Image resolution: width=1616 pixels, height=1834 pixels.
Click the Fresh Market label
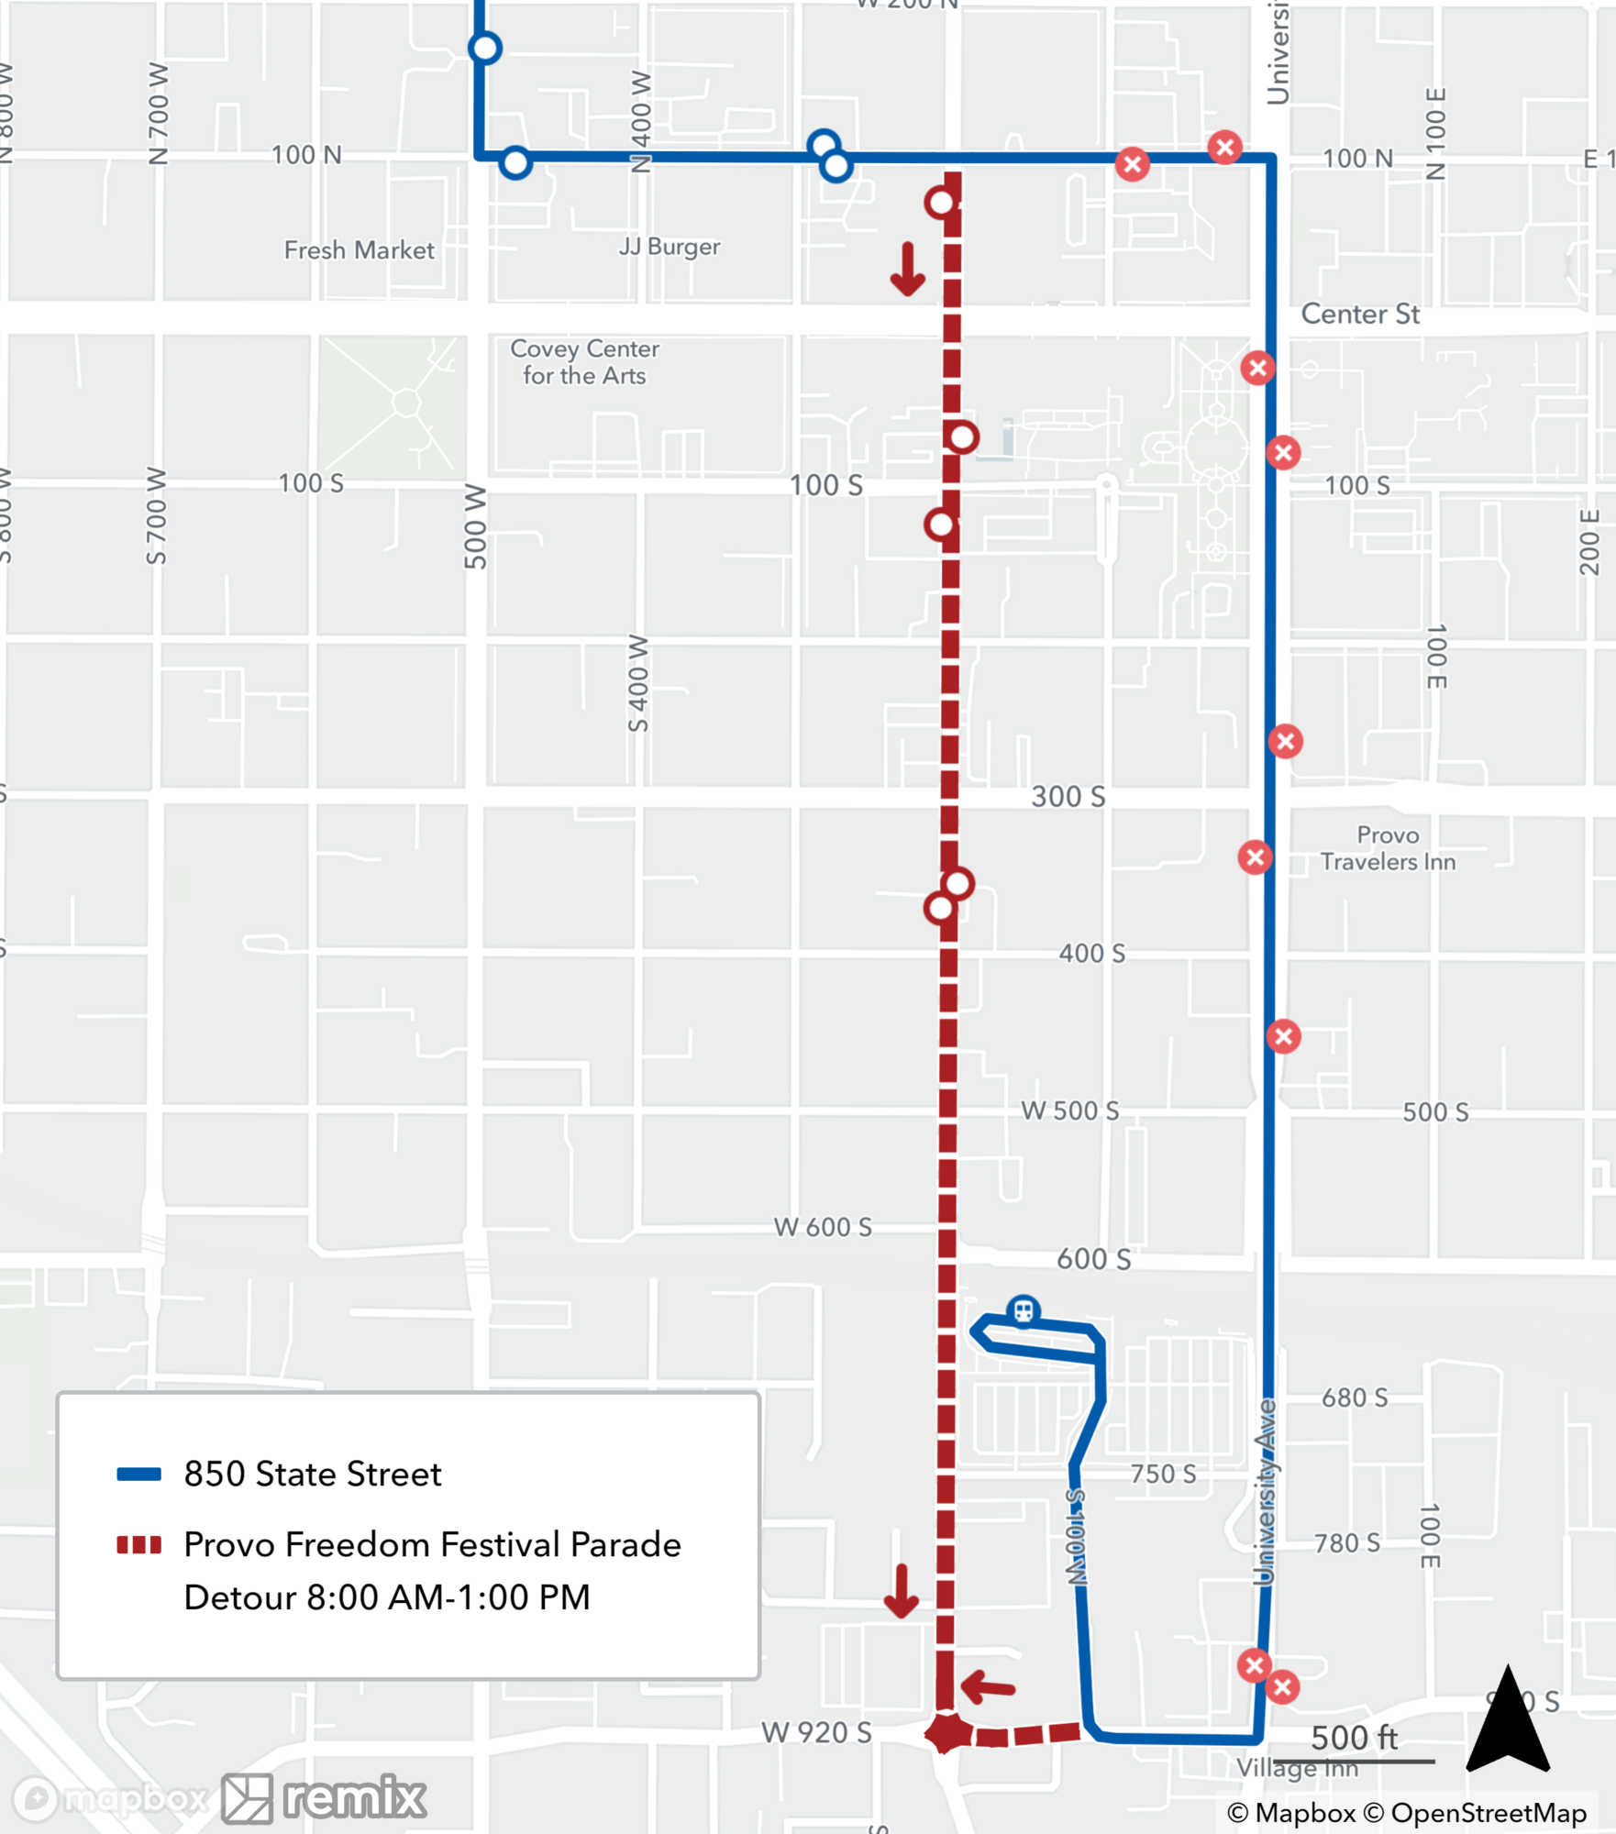pyautogui.click(x=359, y=250)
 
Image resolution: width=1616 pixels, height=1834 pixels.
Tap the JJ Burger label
pyautogui.click(x=670, y=247)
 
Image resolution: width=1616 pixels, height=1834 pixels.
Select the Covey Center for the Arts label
pyautogui.click(x=585, y=362)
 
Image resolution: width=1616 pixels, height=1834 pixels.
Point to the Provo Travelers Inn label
pyautogui.click(x=1388, y=848)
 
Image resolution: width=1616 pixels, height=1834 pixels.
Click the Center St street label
pyautogui.click(x=1360, y=315)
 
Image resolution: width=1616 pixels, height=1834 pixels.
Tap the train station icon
pyautogui.click(x=1024, y=1311)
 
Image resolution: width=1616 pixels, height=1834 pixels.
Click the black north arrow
pyautogui.click(x=1508, y=1720)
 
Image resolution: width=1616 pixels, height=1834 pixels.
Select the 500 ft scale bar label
pyautogui.click(x=1354, y=1738)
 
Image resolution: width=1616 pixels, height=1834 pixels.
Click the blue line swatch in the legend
pyautogui.click(x=138, y=1475)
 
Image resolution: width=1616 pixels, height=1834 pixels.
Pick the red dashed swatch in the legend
pyautogui.click(x=138, y=1545)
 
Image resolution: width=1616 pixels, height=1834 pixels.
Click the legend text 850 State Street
pyautogui.click(x=313, y=1475)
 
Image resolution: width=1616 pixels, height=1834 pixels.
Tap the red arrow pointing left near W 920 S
pyautogui.click(x=988, y=1686)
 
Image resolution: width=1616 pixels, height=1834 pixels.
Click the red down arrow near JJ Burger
pyautogui.click(x=908, y=270)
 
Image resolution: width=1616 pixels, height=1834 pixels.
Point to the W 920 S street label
pyautogui.click(x=816, y=1732)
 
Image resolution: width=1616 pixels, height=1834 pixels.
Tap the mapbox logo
pyautogui.click(x=110, y=1798)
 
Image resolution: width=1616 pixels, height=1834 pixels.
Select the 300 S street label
pyautogui.click(x=1068, y=797)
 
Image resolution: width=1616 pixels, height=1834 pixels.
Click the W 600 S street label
pyautogui.click(x=823, y=1227)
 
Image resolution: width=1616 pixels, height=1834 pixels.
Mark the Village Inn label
pyautogui.click(x=1297, y=1768)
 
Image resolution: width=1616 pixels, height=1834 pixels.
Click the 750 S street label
pyautogui.click(x=1163, y=1474)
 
